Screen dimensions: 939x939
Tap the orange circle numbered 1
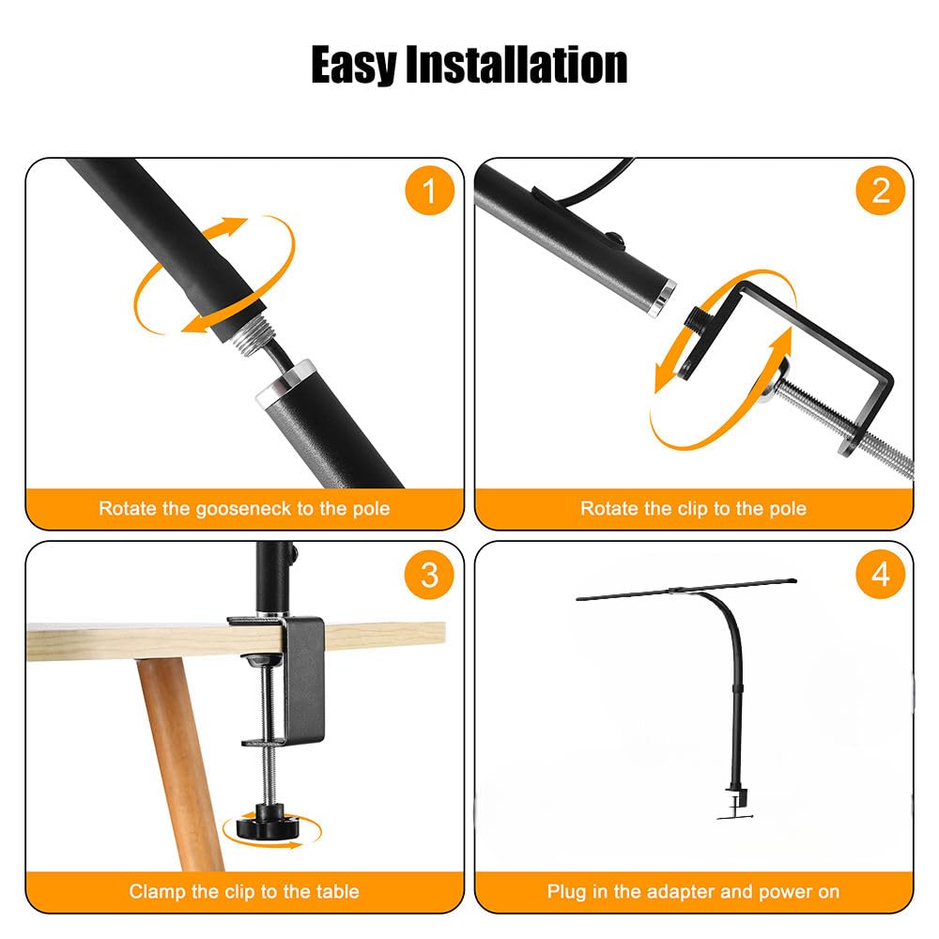429,191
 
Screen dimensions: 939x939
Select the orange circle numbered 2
880,191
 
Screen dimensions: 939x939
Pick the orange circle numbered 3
429,574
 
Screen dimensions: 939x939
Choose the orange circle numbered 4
880,574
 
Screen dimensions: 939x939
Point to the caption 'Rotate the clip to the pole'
693,509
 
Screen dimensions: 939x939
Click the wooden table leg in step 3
174,751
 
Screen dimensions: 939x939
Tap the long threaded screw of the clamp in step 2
845,420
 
